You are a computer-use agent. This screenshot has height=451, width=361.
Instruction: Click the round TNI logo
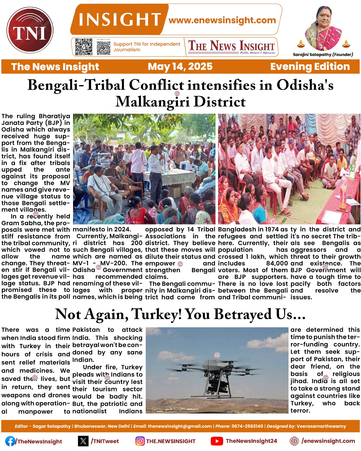[x=30, y=30]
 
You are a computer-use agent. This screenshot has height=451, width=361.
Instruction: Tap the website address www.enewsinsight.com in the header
[x=222, y=20]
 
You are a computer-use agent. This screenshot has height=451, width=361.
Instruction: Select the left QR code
[x=84, y=47]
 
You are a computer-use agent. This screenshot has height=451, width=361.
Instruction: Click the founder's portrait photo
[x=323, y=28]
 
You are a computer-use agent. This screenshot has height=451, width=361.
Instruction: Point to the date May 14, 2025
[x=180, y=67]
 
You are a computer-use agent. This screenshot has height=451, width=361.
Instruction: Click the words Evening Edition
[x=310, y=67]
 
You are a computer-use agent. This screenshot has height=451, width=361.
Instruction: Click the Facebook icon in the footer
[x=10, y=441]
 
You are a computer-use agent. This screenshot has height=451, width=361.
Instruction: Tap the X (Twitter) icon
[x=83, y=441]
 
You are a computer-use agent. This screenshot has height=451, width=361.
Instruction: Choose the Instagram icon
[x=140, y=441]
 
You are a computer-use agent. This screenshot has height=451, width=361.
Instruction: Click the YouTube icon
[x=217, y=441]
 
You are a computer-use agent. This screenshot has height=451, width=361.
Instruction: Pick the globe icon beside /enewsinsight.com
[x=294, y=441]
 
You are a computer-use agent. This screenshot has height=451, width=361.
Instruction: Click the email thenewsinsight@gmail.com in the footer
[x=180, y=426]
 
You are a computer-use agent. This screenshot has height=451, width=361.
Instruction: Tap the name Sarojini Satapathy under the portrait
[x=312, y=55]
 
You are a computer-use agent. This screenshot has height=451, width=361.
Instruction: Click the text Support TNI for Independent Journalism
[x=147, y=47]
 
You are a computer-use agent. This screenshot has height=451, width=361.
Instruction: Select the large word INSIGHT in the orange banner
[x=120, y=20]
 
